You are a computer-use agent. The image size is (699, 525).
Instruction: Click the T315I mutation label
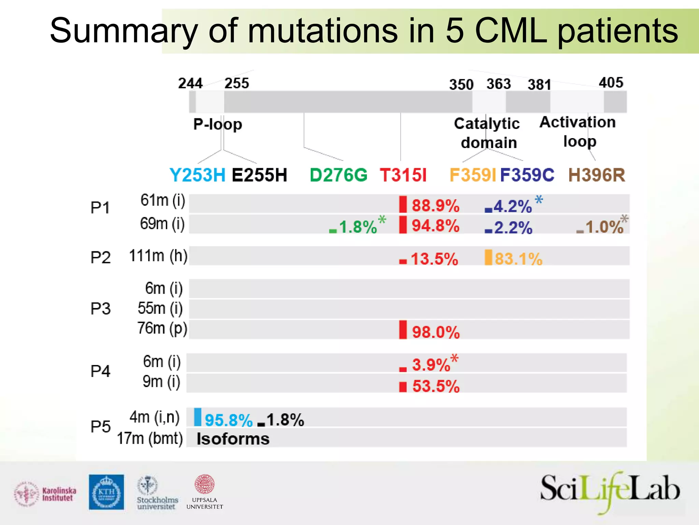pos(403,175)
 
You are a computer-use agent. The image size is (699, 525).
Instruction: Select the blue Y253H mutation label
pos(197,175)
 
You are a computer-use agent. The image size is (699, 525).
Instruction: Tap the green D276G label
pos(338,175)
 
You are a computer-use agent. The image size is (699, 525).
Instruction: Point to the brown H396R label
pos(597,175)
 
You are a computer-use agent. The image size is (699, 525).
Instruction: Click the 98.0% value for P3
pos(436,332)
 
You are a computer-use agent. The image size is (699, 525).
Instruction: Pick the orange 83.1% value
pos(518,259)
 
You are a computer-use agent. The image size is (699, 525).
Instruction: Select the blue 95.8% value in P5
pos(228,420)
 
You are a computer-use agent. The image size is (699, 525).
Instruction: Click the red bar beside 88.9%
pos(403,204)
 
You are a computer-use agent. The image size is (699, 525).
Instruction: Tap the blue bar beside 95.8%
pos(198,417)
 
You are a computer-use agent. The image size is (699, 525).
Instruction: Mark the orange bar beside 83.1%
pos(488,257)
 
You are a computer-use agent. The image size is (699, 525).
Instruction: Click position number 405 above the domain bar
pos(611,82)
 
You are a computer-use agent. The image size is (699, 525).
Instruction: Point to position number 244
pos(190,83)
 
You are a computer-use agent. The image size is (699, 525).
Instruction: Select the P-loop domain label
pos(217,124)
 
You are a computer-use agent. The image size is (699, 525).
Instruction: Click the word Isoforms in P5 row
pos(233,439)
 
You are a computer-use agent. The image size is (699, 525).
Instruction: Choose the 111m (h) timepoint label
pos(158,256)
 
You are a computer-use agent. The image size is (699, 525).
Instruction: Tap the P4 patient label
pos(100,371)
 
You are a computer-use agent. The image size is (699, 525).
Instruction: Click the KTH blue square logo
pos(106,492)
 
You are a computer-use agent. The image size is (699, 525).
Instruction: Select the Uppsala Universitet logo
pos(204,492)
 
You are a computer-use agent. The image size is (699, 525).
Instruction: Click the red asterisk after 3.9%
pos(454,359)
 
